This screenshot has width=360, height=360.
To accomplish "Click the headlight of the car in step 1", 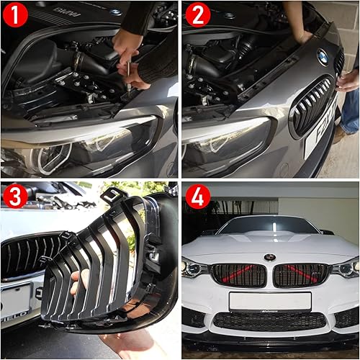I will pos(79,144).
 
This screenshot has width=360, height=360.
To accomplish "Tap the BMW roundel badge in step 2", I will pos(322,57).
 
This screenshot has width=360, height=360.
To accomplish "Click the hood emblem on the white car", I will pos(269,257).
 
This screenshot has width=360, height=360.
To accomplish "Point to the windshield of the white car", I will pos(269,225).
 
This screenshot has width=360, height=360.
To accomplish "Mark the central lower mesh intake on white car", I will pos(269,321).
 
